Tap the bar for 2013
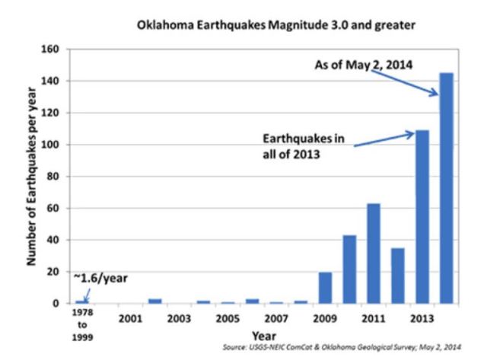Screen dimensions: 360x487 point(422,217)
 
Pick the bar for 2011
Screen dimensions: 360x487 point(373,253)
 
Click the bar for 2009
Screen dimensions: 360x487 point(325,288)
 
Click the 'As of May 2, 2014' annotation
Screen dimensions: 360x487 point(363,65)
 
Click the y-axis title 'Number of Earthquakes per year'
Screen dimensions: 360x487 point(33,175)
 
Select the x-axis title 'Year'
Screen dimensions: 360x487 point(263,334)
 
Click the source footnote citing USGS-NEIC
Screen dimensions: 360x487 point(355,347)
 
